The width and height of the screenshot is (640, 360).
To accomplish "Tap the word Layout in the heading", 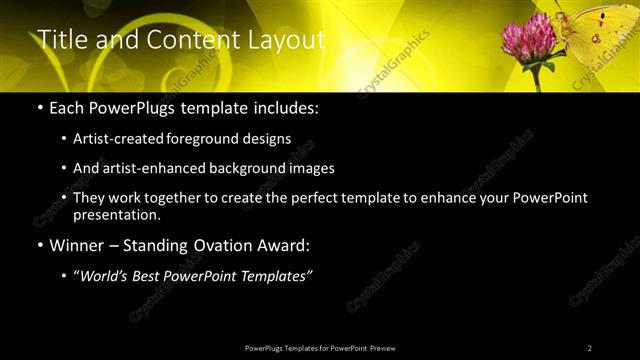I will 288,40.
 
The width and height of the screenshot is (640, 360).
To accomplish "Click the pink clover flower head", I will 528,40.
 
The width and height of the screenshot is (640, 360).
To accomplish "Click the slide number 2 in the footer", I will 590,348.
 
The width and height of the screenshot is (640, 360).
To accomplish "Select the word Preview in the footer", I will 382,348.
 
